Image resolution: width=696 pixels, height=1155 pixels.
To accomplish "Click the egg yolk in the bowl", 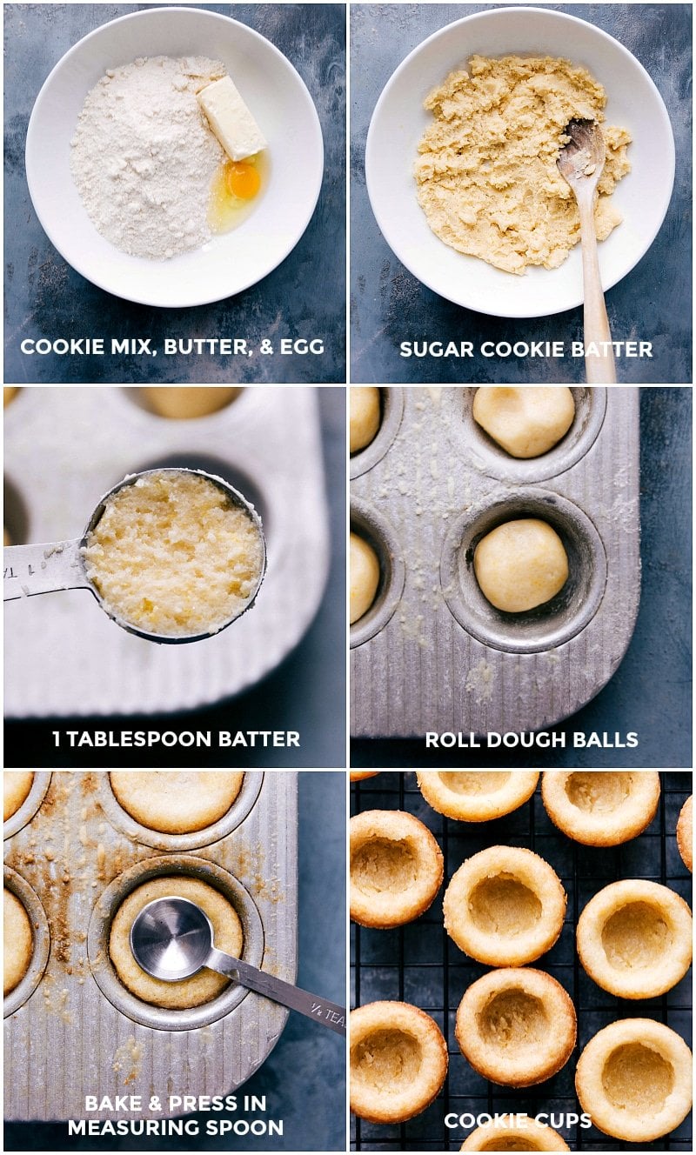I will [243, 180].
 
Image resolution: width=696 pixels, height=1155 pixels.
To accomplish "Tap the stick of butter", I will [231, 117].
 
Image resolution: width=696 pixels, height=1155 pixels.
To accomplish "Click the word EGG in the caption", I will [303, 347].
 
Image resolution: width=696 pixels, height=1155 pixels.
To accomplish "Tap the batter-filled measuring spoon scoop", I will [175, 554].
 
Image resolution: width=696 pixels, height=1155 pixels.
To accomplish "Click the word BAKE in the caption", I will [111, 1104].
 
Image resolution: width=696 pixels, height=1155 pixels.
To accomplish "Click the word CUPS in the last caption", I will [564, 1121].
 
